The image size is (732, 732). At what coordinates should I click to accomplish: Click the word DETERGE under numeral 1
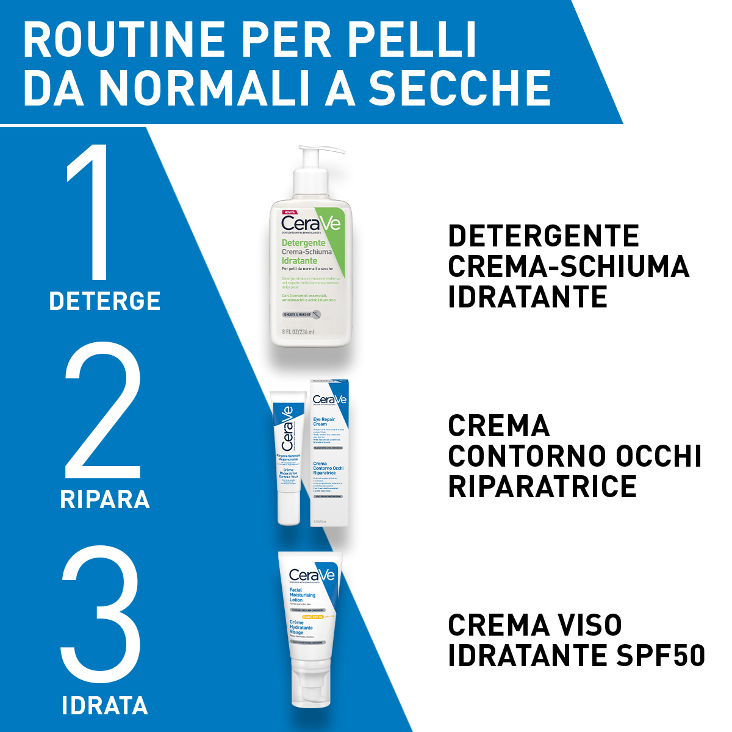[105, 301]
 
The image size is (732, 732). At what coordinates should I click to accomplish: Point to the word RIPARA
[105, 500]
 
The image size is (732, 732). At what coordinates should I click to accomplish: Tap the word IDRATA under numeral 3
[105, 706]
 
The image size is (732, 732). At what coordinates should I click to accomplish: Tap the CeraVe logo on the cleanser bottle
[310, 223]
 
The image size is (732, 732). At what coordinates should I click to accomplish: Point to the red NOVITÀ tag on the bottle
[290, 211]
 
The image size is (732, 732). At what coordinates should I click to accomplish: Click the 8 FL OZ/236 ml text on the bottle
[298, 332]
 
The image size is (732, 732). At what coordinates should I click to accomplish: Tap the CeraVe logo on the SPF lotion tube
[312, 575]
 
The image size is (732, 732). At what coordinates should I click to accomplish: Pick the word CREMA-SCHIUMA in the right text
[569, 267]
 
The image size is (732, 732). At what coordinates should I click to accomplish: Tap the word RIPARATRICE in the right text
[542, 486]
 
